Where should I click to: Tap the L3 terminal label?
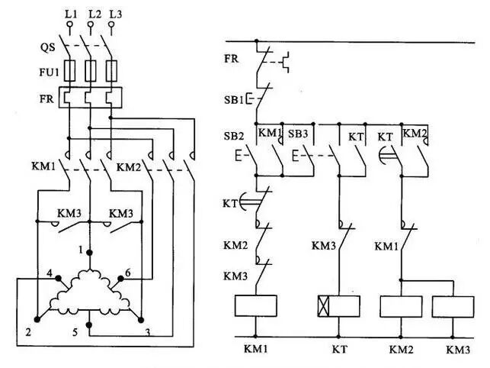click(114, 13)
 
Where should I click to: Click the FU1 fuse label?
click(50, 73)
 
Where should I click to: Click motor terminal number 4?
click(49, 273)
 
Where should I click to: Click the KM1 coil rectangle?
click(256, 306)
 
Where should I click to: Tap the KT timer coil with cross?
click(338, 306)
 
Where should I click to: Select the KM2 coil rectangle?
click(401, 306)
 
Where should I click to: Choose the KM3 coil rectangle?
click(453, 306)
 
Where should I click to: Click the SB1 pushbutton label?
click(233, 99)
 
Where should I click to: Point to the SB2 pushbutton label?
click(234, 135)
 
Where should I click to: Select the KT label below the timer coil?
click(339, 350)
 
